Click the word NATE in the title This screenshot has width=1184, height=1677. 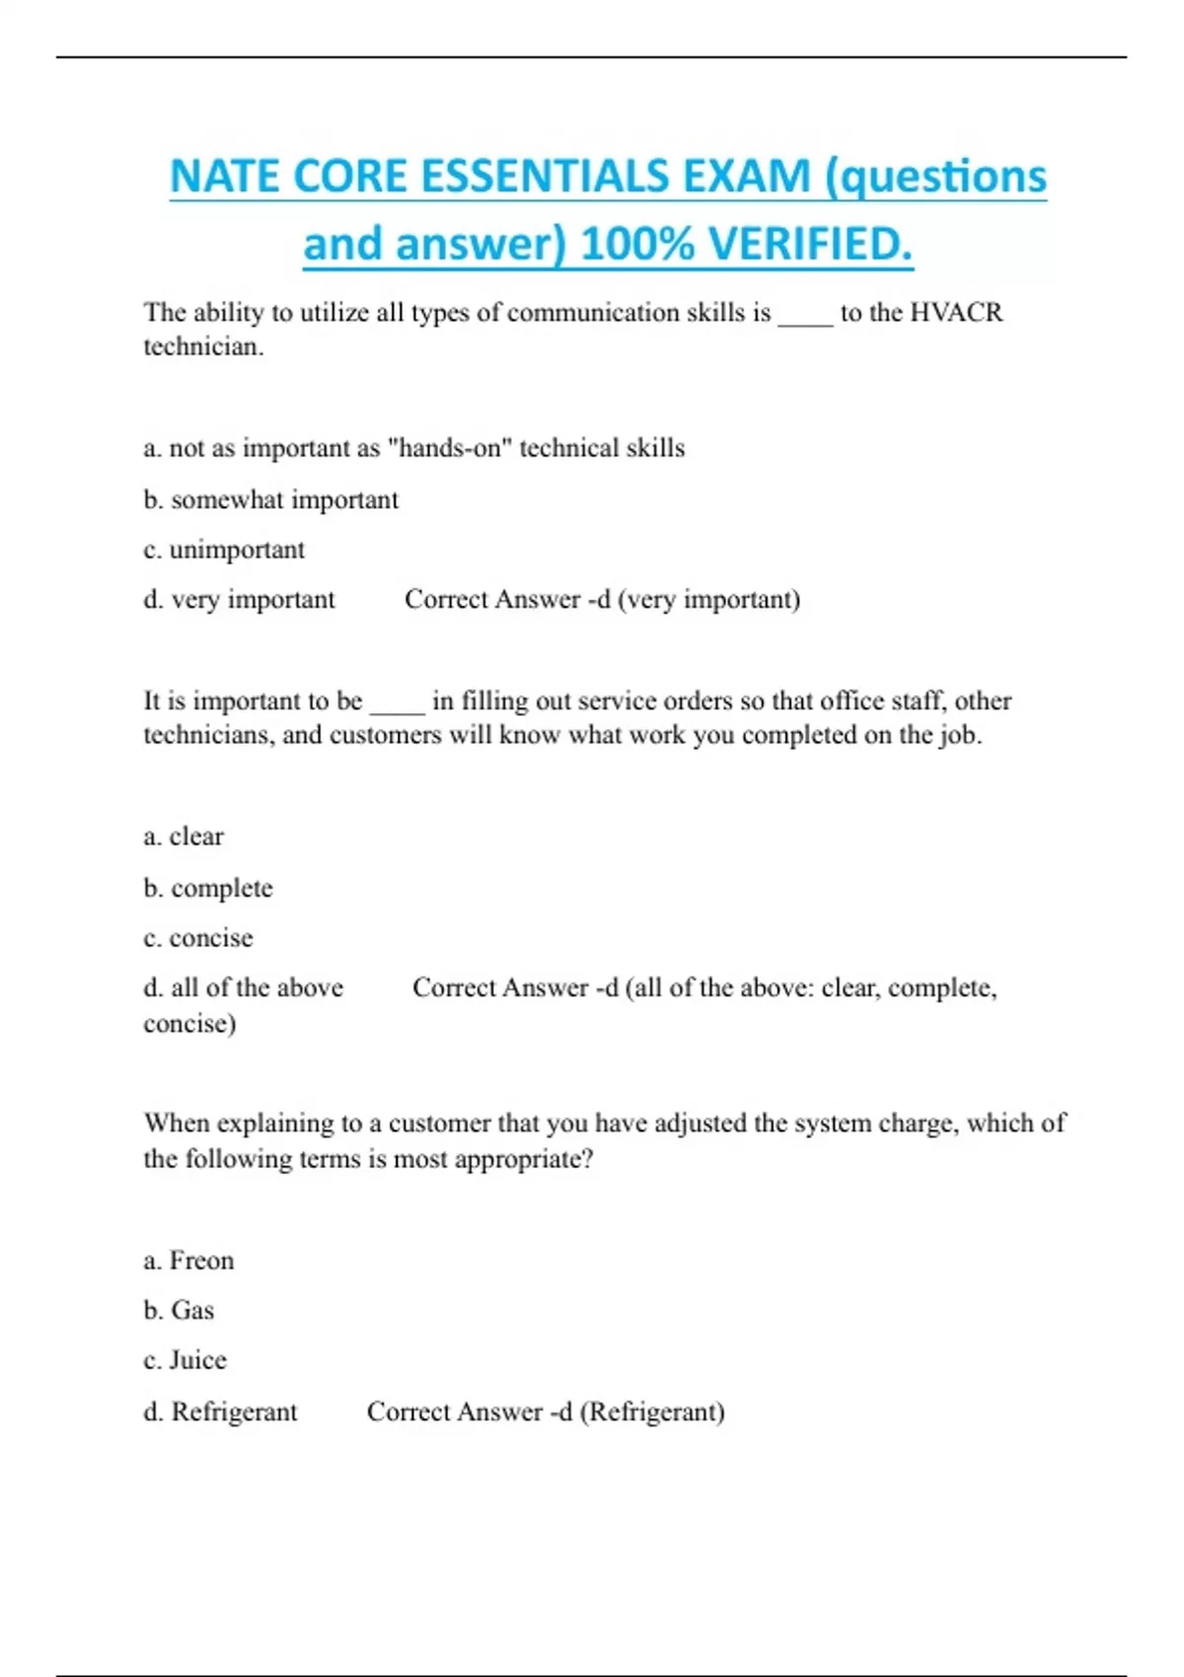pos(224,178)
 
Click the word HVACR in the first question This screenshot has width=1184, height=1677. pos(955,313)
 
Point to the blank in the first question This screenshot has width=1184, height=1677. pos(805,316)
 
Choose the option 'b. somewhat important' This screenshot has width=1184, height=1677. pos(270,500)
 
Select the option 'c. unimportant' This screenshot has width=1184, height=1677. pos(224,549)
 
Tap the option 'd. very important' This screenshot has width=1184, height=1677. pos(239,600)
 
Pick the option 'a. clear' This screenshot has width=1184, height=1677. pos(184,837)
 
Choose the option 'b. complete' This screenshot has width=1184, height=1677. pos(208,888)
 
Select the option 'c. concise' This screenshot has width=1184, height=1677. pos(198,937)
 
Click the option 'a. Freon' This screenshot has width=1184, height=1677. pos(188,1261)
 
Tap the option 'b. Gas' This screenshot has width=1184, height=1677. pos(179,1310)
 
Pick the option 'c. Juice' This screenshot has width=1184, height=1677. pos(185,1360)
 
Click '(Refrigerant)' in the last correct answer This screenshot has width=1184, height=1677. pos(652,1412)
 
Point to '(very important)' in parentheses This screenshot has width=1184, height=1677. pos(708,600)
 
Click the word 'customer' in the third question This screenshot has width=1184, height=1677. pos(439,1124)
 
